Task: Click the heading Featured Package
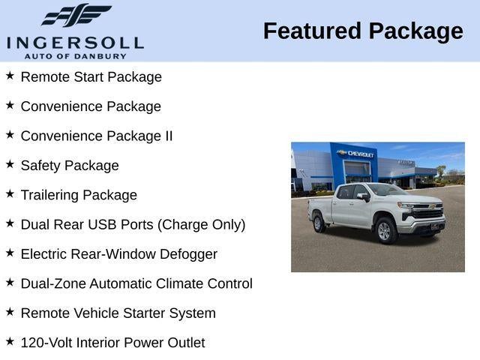point(363,31)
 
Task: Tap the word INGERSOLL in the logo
point(75,42)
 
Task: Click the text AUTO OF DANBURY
point(75,55)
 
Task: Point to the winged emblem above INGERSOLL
point(76,16)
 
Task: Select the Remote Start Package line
point(91,76)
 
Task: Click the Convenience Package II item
point(96,136)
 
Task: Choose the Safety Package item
point(70,166)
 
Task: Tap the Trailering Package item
point(79,195)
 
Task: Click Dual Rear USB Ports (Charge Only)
point(133,224)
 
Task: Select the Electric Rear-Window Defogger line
point(118,254)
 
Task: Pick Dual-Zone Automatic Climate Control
point(136,283)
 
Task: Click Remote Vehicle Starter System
point(118,313)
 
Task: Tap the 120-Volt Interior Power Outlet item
point(112,343)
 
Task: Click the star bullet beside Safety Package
point(10,163)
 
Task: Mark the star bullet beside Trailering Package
point(10,193)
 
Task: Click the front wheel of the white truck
point(386,230)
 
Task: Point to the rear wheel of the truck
point(318,222)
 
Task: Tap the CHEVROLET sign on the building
point(361,154)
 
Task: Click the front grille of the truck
point(428,214)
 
